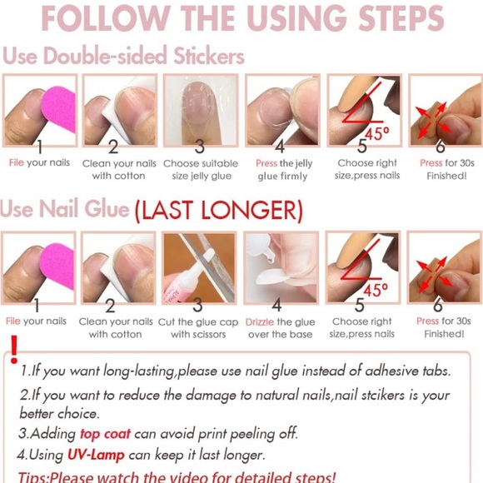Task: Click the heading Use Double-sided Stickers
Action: click(123, 56)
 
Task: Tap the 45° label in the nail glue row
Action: click(374, 290)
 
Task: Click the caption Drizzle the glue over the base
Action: click(281, 327)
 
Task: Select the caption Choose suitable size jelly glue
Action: click(200, 169)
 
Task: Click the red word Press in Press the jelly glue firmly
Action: click(266, 163)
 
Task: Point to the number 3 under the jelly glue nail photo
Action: click(199, 147)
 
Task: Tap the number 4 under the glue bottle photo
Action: click(277, 306)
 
